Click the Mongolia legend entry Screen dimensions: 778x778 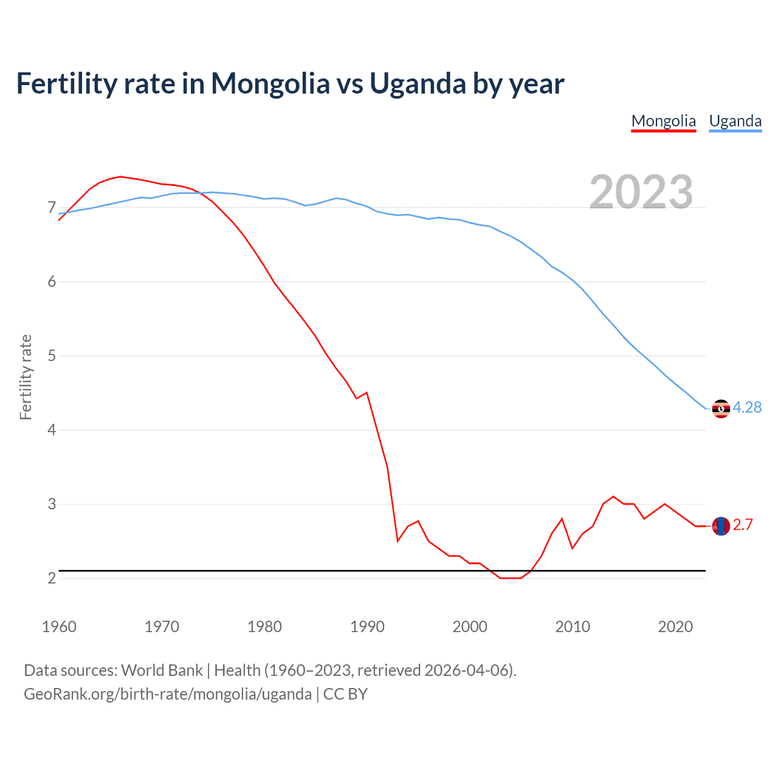[x=663, y=121]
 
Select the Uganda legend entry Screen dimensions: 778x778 [x=735, y=121]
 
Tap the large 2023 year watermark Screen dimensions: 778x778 [x=641, y=192]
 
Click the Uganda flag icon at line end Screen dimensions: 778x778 [x=720, y=408]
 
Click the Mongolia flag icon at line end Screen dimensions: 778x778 [x=720, y=526]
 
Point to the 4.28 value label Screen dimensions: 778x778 [x=747, y=408]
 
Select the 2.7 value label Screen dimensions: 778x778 [x=743, y=525]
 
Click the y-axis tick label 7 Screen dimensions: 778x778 [x=52, y=208]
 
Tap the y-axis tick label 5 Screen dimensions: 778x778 [x=52, y=356]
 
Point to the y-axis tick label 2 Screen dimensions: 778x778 [x=52, y=578]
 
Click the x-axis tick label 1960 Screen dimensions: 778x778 [x=59, y=627]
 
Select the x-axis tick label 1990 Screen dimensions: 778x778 [x=367, y=627]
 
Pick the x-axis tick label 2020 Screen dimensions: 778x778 [x=675, y=627]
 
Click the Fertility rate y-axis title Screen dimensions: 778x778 [x=26, y=377]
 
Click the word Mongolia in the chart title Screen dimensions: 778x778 [x=270, y=84]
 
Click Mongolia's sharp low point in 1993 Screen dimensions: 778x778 [x=398, y=540]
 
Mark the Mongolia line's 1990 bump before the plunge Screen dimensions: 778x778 [x=367, y=393]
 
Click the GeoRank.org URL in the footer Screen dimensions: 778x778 [x=167, y=694]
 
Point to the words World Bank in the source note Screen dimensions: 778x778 [x=162, y=670]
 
